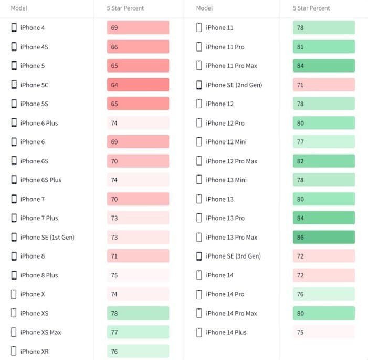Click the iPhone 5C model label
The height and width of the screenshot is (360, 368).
click(34, 85)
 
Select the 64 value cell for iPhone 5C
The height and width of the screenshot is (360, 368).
click(138, 85)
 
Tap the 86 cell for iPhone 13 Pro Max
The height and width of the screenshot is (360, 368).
click(323, 237)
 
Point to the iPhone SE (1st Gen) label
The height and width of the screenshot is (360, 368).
click(47, 237)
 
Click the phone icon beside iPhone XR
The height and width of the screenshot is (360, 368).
click(14, 351)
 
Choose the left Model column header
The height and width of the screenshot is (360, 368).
click(19, 8)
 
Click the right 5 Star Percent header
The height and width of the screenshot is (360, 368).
click(311, 8)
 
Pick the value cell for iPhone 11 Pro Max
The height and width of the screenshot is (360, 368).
click(323, 66)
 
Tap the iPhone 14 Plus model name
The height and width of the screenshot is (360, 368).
click(226, 332)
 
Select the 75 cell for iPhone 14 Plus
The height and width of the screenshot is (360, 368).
click(323, 332)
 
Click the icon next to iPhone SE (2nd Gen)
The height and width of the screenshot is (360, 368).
click(199, 85)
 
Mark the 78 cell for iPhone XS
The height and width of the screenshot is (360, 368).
click(138, 313)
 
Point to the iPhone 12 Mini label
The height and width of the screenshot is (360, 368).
click(226, 142)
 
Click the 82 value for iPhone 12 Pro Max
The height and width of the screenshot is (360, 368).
click(323, 161)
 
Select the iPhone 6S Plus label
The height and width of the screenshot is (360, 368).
click(40, 180)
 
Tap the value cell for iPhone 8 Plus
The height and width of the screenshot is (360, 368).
click(138, 275)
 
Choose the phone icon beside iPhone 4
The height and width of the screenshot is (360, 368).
click(14, 27)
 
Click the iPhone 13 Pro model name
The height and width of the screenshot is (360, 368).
click(225, 218)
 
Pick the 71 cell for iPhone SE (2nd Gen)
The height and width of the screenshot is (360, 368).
click(323, 85)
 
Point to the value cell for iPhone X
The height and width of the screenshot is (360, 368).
click(138, 294)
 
